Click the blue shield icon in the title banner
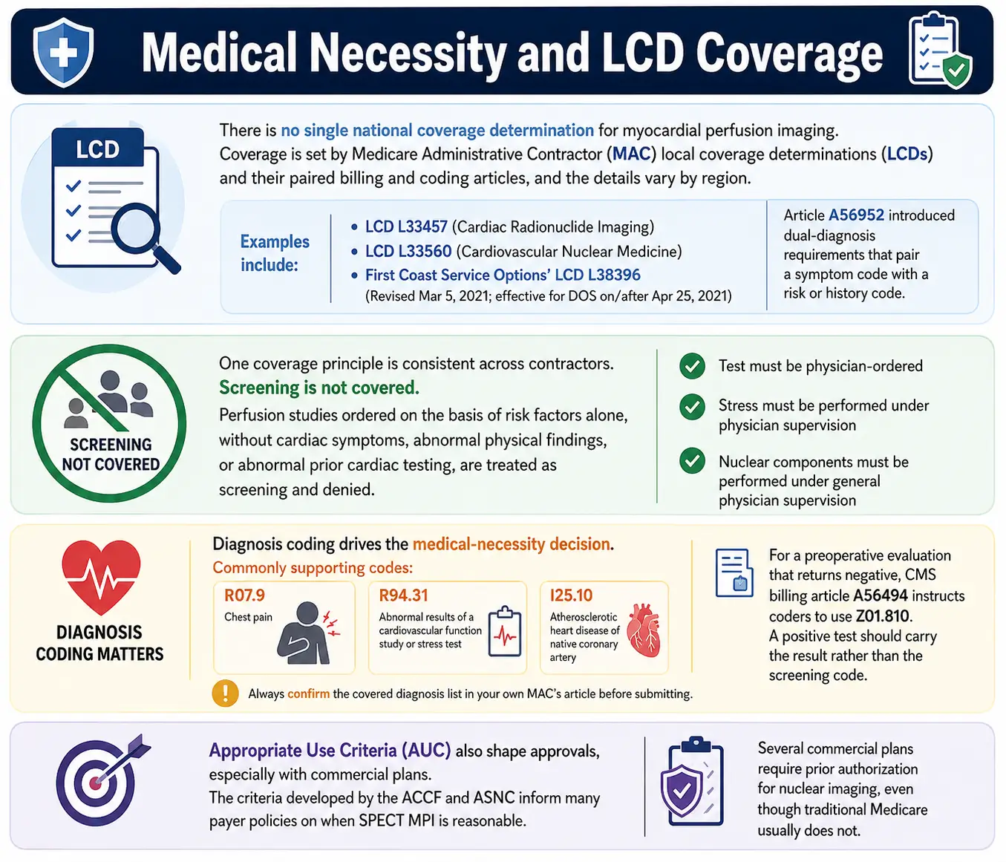[63, 52]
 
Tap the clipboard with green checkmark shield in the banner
[940, 51]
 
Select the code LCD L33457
[406, 226]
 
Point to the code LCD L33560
[408, 251]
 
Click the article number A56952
[855, 215]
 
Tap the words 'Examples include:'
[275, 253]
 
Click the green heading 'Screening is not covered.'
[319, 388]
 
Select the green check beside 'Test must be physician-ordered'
[692, 366]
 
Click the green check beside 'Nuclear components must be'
[692, 461]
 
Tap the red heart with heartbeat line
[101, 577]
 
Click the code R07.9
[244, 595]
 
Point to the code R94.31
[403, 595]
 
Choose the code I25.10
[571, 595]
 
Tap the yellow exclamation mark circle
[225, 693]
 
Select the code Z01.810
[882, 616]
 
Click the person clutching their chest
[307, 633]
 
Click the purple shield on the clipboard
[682, 790]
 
